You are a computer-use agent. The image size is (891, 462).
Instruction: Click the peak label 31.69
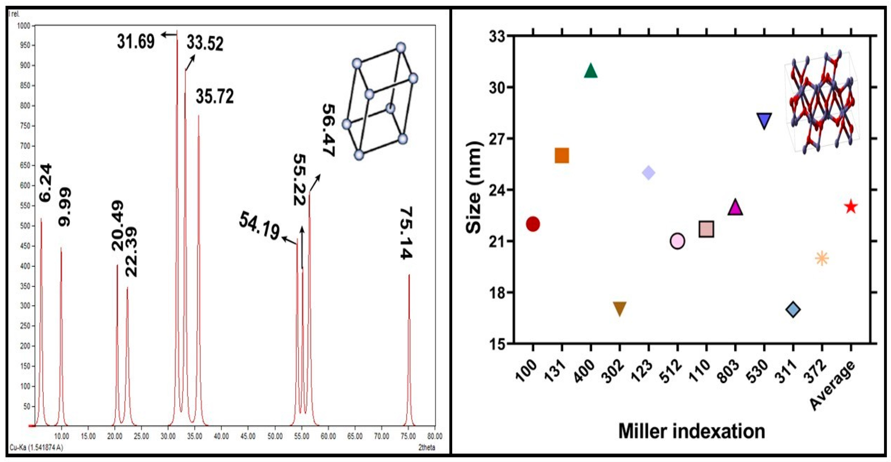coord(136,42)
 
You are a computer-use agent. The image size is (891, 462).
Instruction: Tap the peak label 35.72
coord(215,96)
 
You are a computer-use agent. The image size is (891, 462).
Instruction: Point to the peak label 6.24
coord(46,183)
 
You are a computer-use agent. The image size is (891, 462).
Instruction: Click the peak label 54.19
coord(259,226)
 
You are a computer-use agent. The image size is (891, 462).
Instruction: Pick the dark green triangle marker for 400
coord(590,71)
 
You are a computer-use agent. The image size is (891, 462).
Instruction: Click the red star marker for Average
coord(851,207)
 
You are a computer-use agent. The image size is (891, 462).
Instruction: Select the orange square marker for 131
coord(562,156)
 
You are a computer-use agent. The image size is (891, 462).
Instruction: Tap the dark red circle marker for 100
coord(533,224)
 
